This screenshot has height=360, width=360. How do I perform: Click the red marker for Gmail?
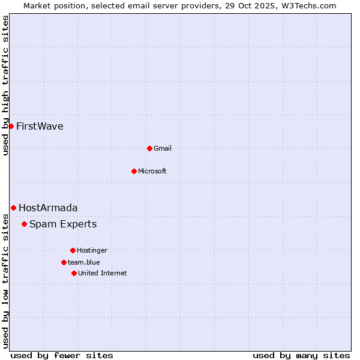[x=149, y=148]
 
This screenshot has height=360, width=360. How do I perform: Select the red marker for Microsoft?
[x=134, y=171]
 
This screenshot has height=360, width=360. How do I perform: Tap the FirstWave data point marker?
[x=11, y=126]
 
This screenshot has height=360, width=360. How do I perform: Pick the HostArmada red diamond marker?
[x=13, y=208]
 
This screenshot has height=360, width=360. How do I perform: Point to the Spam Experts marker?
[x=24, y=224]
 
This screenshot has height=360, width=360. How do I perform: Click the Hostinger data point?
[x=73, y=250]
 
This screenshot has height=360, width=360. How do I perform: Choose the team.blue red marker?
[x=64, y=262]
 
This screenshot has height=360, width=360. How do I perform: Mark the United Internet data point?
[x=74, y=273]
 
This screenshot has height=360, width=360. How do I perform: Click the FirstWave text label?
[x=40, y=126]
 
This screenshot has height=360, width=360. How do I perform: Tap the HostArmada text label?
[x=48, y=208]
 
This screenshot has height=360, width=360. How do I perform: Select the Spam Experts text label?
[x=63, y=224]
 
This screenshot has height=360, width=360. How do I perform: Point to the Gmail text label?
[x=163, y=148]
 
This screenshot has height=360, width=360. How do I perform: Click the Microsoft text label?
[x=152, y=171]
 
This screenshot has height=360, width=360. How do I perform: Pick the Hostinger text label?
[x=92, y=250]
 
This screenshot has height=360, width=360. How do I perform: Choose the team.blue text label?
[x=84, y=262]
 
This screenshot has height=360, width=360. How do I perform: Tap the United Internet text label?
[x=103, y=273]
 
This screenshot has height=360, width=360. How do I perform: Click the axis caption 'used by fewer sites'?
[x=62, y=355]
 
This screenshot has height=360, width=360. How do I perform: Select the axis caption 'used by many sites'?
[x=301, y=355]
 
